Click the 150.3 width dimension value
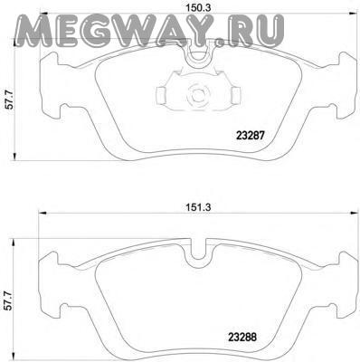[x=197, y=8]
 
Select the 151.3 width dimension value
[x=198, y=207]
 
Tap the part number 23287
[x=251, y=136]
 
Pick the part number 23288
[x=242, y=337]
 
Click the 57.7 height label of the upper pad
[x=10, y=100]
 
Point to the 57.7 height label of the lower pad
[x=9, y=300]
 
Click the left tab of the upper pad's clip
[x=161, y=95]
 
